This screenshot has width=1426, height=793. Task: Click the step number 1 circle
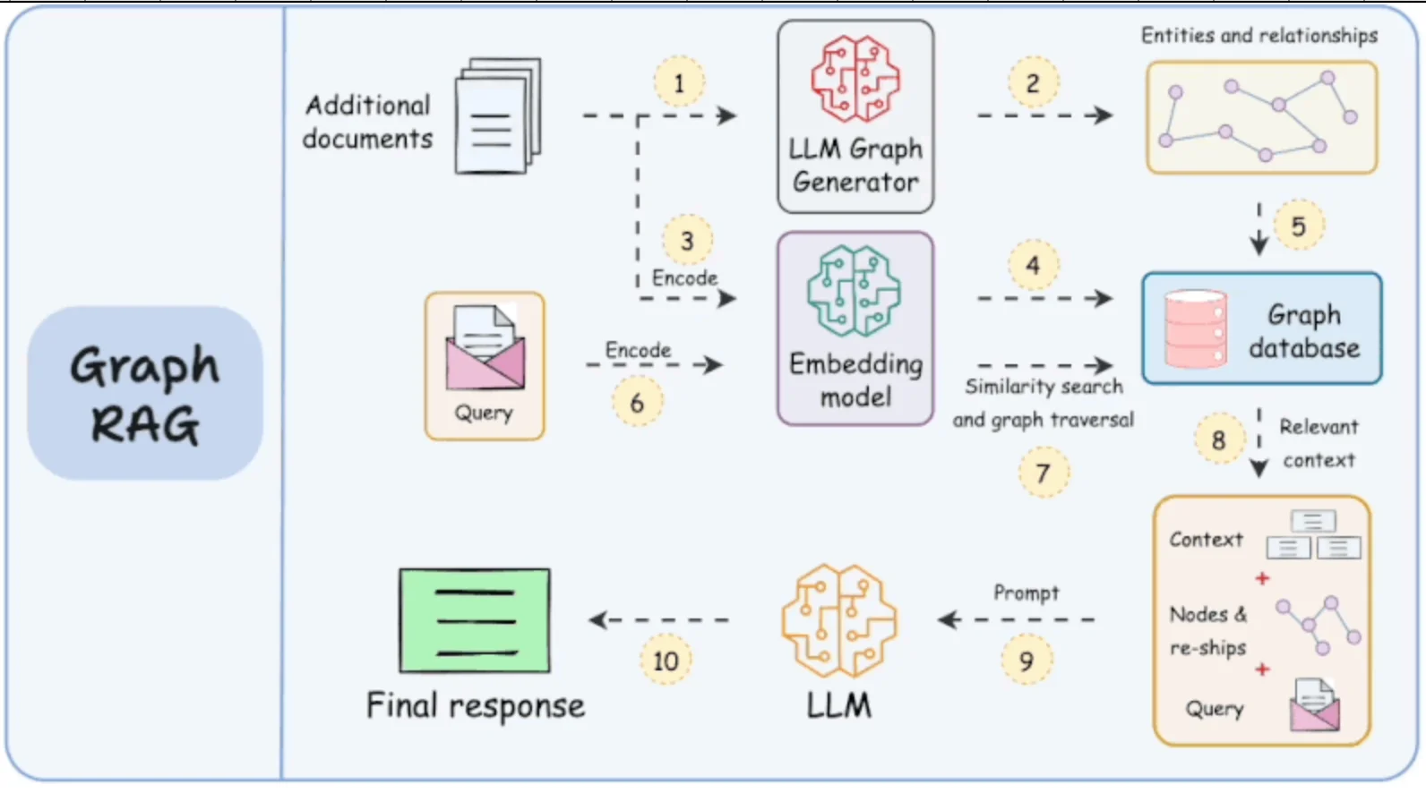(x=678, y=83)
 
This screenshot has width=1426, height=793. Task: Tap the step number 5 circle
(x=1298, y=226)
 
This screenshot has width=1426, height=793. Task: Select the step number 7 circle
(x=1043, y=473)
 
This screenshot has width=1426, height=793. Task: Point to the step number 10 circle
(x=666, y=661)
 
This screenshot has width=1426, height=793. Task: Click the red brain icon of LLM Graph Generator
(x=855, y=79)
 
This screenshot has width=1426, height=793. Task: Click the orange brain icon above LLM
(x=838, y=620)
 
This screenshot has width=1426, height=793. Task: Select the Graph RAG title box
(x=145, y=394)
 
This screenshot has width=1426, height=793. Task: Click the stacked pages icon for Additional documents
(x=499, y=116)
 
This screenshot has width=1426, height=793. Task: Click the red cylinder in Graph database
(x=1196, y=328)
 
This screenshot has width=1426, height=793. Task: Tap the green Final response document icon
(x=475, y=620)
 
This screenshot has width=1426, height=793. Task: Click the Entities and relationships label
(x=1258, y=36)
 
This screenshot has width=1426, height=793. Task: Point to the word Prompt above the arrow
(x=1026, y=593)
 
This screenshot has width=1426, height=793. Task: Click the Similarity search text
(x=1044, y=387)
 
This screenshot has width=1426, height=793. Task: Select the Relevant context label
(x=1318, y=443)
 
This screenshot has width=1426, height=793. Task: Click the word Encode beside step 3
(x=684, y=278)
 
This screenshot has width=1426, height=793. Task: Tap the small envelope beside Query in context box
(x=1314, y=705)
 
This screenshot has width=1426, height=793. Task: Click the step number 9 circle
(x=1026, y=661)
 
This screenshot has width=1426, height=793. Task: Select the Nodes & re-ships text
(x=1207, y=631)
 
